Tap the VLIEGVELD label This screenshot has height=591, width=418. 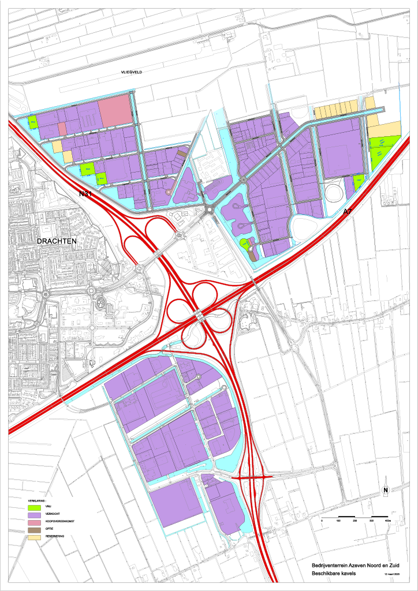131,72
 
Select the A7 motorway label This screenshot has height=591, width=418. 348,212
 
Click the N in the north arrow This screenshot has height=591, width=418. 385,491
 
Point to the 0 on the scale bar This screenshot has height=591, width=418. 322,521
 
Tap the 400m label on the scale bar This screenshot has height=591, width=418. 387,521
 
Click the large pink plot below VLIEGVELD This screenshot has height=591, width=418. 115,110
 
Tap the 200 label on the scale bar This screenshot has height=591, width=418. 354,521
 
